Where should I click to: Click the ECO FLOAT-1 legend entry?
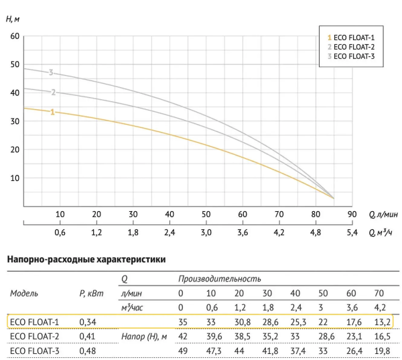click(x=350, y=38)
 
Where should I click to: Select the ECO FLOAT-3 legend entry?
click(x=350, y=56)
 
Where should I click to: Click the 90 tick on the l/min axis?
click(x=349, y=215)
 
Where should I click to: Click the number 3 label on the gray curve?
click(x=50, y=72)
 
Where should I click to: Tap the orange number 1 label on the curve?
click(x=52, y=112)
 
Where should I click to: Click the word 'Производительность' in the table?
click(x=219, y=278)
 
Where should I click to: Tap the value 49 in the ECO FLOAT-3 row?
click(x=181, y=349)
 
